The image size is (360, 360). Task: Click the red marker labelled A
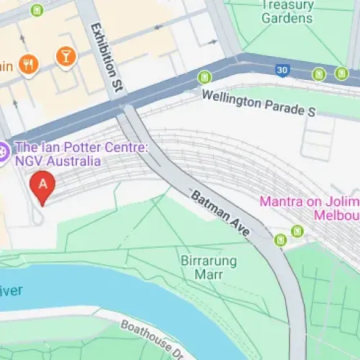tap(43, 185)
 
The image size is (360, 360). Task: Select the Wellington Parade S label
tap(258, 103)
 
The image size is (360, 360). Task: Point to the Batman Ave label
tap(220, 213)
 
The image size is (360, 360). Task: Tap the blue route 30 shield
tap(283, 69)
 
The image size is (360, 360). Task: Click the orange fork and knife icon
tap(28, 64)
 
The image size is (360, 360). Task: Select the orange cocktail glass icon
tap(66, 55)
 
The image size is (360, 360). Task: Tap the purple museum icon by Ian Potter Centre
tap(4, 152)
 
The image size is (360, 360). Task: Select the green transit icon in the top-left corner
tap(37, 9)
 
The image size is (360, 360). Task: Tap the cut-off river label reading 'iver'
tap(12, 290)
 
